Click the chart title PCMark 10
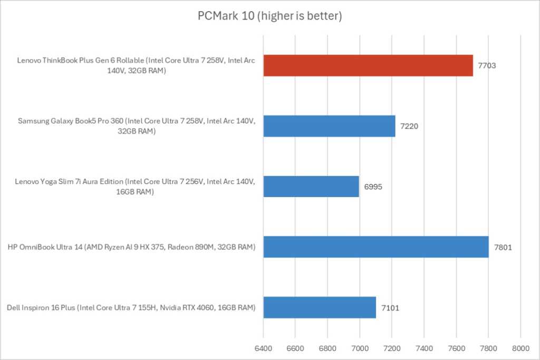tap(270, 16)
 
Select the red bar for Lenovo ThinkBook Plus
tap(368, 65)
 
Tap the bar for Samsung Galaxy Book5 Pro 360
tap(329, 126)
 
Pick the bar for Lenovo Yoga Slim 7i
tap(311, 187)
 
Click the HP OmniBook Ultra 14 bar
tap(376, 247)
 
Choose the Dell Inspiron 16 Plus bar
tap(320, 307)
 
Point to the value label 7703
tap(487, 66)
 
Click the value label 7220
tap(410, 127)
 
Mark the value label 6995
tap(373, 187)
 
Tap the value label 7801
tap(503, 247)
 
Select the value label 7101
tap(390, 308)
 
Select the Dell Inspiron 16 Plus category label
tap(132, 307)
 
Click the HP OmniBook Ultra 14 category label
tap(132, 247)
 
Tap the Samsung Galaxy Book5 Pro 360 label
tap(137, 127)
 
